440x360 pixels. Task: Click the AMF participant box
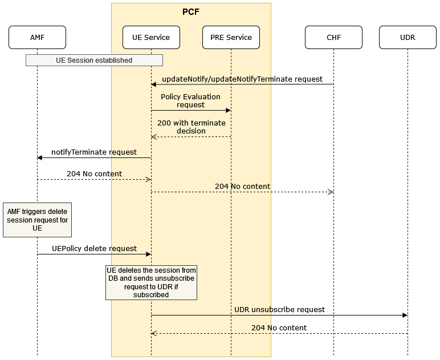(37, 38)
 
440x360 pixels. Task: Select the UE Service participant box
(151, 38)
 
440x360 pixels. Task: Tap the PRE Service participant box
(231, 38)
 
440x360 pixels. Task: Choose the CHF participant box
(333, 38)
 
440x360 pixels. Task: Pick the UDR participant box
(408, 38)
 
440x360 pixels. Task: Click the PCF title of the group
(191, 11)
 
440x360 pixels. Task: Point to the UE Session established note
(94, 60)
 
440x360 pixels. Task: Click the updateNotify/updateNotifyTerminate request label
(242, 79)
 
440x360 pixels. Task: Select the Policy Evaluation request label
(190, 101)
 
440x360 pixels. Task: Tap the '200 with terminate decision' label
(191, 127)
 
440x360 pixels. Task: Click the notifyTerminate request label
(94, 152)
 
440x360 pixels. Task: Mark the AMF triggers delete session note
(37, 220)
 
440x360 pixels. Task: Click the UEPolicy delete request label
(94, 249)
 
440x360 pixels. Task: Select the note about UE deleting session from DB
(151, 282)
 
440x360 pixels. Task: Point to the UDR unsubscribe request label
(279, 309)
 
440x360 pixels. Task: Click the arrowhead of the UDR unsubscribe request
(405, 315)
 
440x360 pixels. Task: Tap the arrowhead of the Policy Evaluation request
(228, 110)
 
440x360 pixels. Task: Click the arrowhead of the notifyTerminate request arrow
(40, 158)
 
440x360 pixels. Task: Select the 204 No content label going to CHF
(242, 187)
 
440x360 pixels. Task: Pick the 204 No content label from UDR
(279, 328)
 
